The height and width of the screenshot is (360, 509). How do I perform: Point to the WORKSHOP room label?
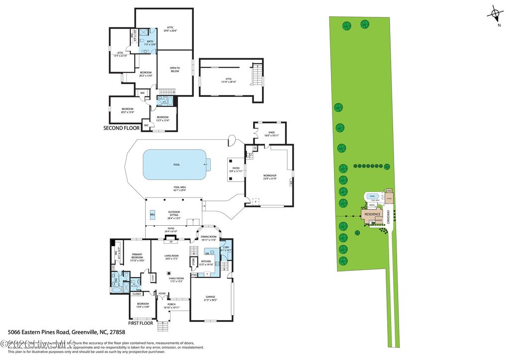tap(269, 176)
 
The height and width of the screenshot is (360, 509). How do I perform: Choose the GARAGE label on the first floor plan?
tap(211, 297)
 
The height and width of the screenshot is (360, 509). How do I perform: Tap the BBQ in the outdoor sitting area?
tap(153, 214)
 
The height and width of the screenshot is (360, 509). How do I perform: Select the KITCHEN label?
tap(206, 262)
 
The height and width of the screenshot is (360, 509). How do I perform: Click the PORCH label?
tap(171, 304)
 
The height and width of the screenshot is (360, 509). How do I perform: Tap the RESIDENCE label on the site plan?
tap(372, 214)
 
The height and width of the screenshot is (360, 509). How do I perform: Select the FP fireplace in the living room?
tap(171, 242)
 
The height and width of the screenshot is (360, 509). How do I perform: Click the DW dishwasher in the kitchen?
tap(206, 253)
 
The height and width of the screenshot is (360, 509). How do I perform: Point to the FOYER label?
tap(162, 293)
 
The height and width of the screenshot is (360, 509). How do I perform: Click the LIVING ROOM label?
tap(171, 257)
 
